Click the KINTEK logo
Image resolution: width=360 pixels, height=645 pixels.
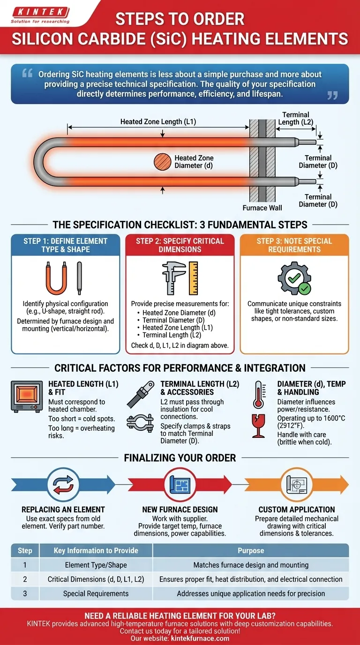(41, 14)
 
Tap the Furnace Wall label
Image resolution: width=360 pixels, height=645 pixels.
(262, 208)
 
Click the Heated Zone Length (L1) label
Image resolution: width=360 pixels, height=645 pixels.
(158, 122)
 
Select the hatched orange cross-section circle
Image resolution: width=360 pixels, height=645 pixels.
(162, 162)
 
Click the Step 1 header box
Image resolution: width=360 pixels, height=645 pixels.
(66, 245)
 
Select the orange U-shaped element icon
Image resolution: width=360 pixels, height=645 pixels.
(55, 278)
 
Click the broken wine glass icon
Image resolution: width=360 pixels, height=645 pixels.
(258, 427)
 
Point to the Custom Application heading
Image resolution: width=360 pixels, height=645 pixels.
(296, 509)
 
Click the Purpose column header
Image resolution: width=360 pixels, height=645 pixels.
(251, 550)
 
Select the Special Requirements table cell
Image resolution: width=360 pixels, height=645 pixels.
(96, 593)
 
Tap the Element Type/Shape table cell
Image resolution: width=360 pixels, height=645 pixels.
(96, 565)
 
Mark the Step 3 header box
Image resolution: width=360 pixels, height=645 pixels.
(294, 245)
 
